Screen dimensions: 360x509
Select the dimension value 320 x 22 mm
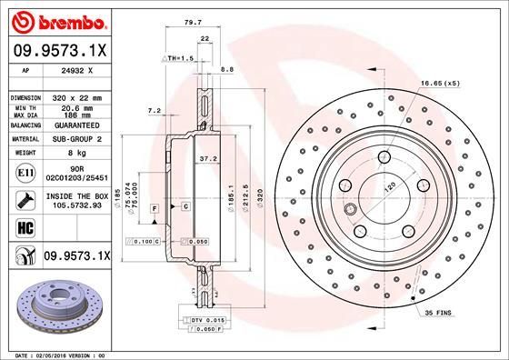[x=76, y=96]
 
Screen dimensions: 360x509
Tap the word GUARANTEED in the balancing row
[x=77, y=125]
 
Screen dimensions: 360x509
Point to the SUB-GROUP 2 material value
[x=77, y=139]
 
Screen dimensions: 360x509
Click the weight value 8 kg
[x=76, y=154]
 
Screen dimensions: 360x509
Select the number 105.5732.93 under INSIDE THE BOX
[x=77, y=205]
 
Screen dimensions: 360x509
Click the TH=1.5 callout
[x=181, y=58]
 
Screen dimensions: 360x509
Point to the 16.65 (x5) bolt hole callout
[x=439, y=84]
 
